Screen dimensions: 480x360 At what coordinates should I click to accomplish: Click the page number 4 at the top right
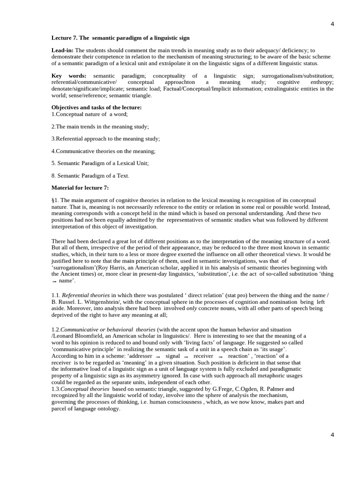coord(332,24)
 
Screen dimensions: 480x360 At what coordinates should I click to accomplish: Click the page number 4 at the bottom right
coord(332,435)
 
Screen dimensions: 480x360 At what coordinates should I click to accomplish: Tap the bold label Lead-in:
coord(62,50)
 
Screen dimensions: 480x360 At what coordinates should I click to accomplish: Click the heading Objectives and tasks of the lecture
coord(97,107)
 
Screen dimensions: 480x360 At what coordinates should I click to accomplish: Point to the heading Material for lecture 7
coord(80,187)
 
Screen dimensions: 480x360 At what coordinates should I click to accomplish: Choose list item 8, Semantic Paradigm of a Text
coord(90,175)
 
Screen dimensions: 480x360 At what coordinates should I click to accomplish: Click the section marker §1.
coord(54,200)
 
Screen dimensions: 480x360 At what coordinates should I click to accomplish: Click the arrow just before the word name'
coord(54,281)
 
